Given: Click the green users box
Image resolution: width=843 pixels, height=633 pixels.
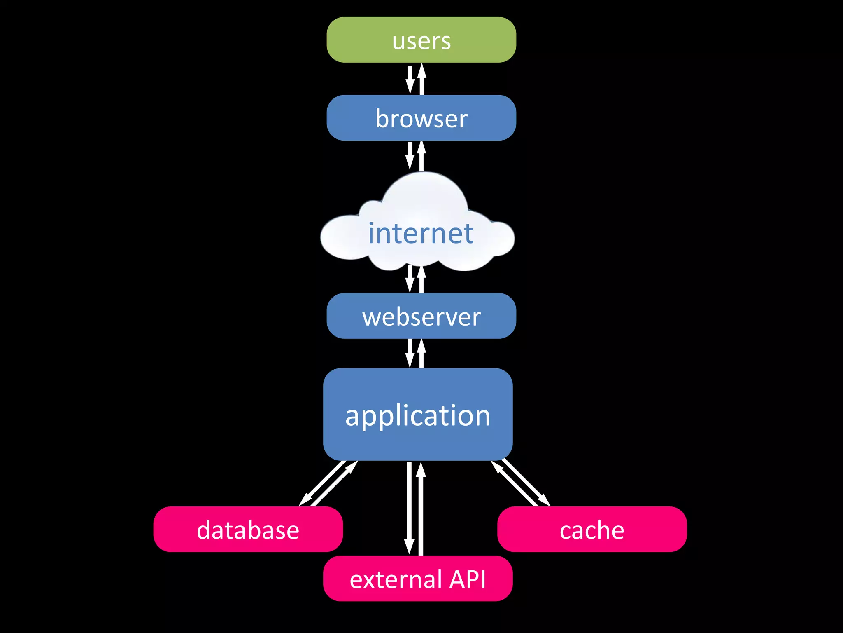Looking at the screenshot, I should (421, 40).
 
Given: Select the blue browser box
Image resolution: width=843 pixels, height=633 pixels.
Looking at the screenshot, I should (421, 118).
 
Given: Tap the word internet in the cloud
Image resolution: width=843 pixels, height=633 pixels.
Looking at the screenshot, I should (420, 233).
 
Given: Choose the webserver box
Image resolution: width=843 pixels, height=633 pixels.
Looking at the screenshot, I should (421, 316).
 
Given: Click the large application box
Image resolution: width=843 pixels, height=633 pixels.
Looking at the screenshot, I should (417, 414).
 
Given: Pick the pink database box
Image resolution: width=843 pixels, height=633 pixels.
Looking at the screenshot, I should (248, 529).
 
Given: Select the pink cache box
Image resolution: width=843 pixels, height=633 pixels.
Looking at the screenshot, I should (591, 529).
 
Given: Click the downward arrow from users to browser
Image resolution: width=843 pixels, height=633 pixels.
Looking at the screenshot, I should (410, 80).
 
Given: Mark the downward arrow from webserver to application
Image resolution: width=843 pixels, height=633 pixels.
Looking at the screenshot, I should (410, 354).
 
